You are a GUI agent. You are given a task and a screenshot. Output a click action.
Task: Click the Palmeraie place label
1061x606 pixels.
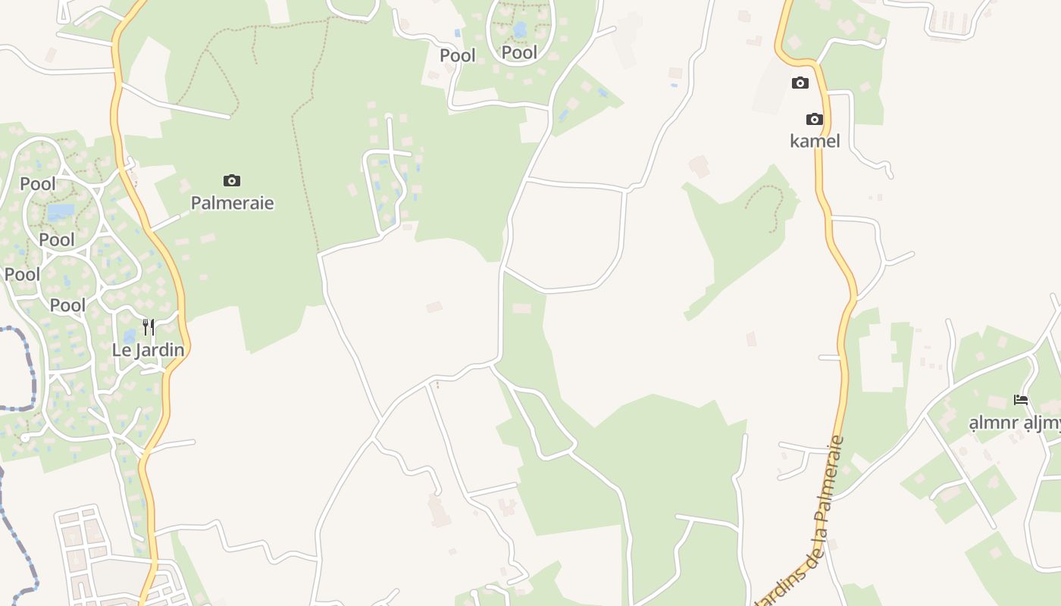(x=232, y=203)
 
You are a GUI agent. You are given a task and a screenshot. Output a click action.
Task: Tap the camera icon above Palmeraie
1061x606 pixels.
(x=232, y=180)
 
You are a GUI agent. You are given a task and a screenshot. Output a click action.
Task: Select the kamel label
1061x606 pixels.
(x=815, y=141)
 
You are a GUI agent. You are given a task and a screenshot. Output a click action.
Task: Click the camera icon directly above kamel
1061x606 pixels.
(x=815, y=119)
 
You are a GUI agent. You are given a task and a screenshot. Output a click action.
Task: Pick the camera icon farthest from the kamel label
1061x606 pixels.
(x=232, y=180)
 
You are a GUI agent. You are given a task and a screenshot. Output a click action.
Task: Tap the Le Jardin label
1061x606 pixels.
(x=148, y=350)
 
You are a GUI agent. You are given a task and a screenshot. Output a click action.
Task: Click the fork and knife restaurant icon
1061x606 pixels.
(x=149, y=327)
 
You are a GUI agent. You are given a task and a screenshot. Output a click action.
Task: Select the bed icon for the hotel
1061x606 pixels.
(x=1021, y=399)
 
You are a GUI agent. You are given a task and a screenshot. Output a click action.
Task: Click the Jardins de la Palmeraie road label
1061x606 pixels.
(x=803, y=523)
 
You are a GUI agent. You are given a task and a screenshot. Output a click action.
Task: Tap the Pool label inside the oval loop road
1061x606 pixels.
(x=519, y=52)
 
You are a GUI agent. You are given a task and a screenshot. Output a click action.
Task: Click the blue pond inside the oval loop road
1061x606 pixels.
(x=520, y=30)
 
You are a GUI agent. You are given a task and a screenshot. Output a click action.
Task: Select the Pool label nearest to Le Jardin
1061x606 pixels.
(x=67, y=305)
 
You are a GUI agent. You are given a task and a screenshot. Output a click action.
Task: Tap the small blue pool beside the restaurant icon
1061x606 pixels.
(x=130, y=334)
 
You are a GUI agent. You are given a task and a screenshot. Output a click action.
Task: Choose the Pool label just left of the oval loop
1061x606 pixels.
(x=458, y=55)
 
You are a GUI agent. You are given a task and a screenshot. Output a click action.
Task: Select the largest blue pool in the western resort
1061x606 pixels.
(x=61, y=211)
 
